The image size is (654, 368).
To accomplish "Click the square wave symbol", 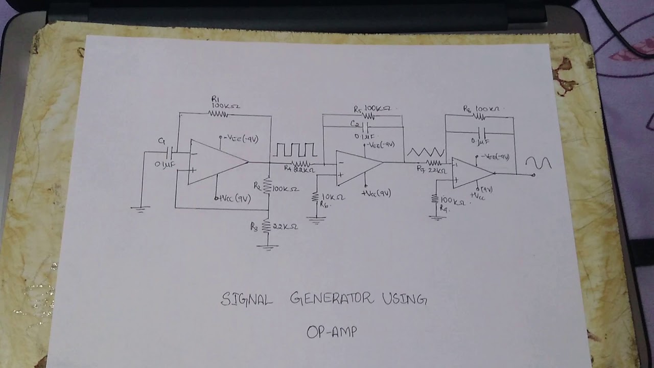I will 295,150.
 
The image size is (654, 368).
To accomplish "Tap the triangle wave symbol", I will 426,152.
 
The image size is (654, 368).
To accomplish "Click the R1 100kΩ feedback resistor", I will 219,114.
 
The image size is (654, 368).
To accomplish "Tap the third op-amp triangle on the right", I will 471,173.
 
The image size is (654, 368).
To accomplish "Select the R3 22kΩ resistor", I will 266,226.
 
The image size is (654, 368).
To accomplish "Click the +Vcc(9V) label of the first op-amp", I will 233,199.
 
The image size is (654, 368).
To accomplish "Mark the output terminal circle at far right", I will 533,175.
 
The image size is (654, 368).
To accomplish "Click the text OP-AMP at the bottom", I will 332,332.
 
